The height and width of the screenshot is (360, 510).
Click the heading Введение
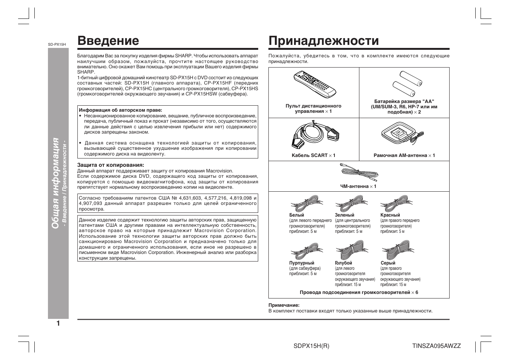click(x=108, y=41)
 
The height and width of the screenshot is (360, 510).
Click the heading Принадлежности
click(x=324, y=41)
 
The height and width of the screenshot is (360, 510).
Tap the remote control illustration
click(x=314, y=84)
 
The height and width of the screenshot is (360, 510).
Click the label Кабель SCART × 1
click(x=313, y=155)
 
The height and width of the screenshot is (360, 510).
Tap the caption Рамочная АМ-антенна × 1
click(x=404, y=155)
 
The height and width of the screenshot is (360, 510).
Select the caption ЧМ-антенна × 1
click(x=358, y=186)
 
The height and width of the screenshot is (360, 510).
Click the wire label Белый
click(x=296, y=215)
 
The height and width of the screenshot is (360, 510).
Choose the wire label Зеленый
click(x=344, y=215)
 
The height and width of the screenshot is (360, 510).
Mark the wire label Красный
click(x=390, y=215)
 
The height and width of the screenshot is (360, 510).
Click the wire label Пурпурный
click(x=302, y=263)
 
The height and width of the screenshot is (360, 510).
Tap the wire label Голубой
click(x=343, y=263)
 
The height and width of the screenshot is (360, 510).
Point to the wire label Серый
click(x=388, y=263)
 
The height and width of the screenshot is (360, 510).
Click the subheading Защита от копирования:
click(x=111, y=165)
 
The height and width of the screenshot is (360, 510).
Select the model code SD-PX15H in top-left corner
click(x=57, y=45)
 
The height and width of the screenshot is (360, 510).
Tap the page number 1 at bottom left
click(x=58, y=323)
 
